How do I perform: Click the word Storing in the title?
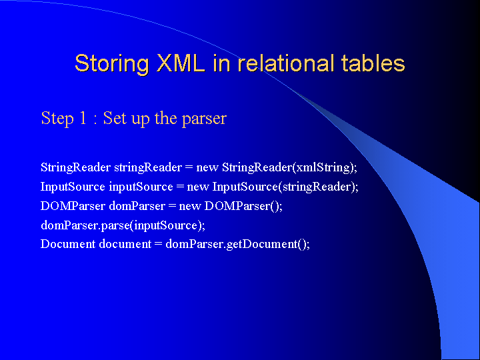112,64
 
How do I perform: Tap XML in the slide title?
181,63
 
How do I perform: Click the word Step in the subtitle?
57,119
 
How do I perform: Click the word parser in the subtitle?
204,119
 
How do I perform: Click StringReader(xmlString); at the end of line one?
289,168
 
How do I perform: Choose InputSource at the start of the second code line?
73,187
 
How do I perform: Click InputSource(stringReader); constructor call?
285,187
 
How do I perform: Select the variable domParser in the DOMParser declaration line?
137,206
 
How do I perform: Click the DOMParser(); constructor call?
243,206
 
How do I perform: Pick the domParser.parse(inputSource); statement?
123,225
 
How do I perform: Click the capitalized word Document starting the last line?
68,244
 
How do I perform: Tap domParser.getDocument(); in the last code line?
238,245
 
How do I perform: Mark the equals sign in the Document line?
158,245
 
